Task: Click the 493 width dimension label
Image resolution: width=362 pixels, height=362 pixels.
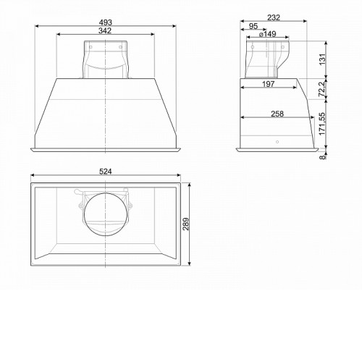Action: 106,22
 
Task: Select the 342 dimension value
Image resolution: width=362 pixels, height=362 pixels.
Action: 105,30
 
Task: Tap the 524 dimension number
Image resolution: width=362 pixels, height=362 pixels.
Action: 106,172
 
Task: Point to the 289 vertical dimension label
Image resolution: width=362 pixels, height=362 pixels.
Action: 186,224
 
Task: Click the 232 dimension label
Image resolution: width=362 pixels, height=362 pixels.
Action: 274,17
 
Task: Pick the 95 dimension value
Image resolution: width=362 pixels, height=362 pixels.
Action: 253,26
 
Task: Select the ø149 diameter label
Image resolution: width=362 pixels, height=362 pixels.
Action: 267,34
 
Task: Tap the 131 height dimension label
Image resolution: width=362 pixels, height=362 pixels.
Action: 322,59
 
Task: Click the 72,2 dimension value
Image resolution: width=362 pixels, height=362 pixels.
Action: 322,89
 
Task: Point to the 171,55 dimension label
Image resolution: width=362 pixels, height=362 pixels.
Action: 322,124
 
